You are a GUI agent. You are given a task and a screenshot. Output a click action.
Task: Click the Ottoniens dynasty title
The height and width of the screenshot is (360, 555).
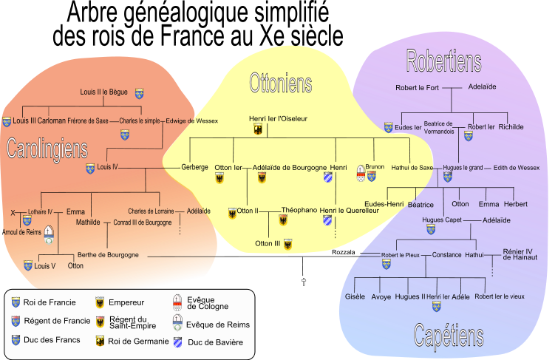pyautogui.click(x=280, y=84)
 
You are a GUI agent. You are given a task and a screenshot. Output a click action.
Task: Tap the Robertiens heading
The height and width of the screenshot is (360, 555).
pyautogui.click(x=443, y=61)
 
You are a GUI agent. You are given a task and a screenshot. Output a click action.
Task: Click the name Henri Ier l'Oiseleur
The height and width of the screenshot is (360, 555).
pyautogui.click(x=278, y=118)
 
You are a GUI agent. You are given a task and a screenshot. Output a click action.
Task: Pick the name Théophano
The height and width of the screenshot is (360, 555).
pyautogui.click(x=299, y=210)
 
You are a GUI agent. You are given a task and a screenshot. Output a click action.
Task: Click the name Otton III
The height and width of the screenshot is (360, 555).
pyautogui.click(x=268, y=243)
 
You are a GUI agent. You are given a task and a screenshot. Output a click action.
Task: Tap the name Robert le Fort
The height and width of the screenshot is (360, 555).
pyautogui.click(x=418, y=87)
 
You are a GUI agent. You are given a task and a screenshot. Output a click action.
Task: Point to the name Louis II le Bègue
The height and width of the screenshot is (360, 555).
pyautogui.click(x=104, y=92)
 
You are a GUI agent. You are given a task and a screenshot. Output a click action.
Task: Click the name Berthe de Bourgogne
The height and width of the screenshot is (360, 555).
pyautogui.click(x=108, y=255)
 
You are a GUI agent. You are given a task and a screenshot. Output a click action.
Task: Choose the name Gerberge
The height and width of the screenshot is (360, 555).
pyautogui.click(x=194, y=167)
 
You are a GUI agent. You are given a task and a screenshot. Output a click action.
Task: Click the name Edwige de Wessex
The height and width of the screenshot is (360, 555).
pyautogui.click(x=192, y=120)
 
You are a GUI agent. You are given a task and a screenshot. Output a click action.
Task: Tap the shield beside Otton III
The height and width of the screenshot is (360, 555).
pyautogui.click(x=288, y=244)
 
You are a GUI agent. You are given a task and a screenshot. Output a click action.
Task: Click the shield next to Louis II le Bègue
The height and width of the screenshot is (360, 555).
pyautogui.click(x=138, y=93)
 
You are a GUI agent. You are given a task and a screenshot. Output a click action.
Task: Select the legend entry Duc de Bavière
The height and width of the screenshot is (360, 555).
pyautogui.click(x=215, y=342)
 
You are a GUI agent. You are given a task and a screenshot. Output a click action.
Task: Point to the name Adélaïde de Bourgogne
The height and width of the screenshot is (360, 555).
pyautogui.click(x=290, y=168)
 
